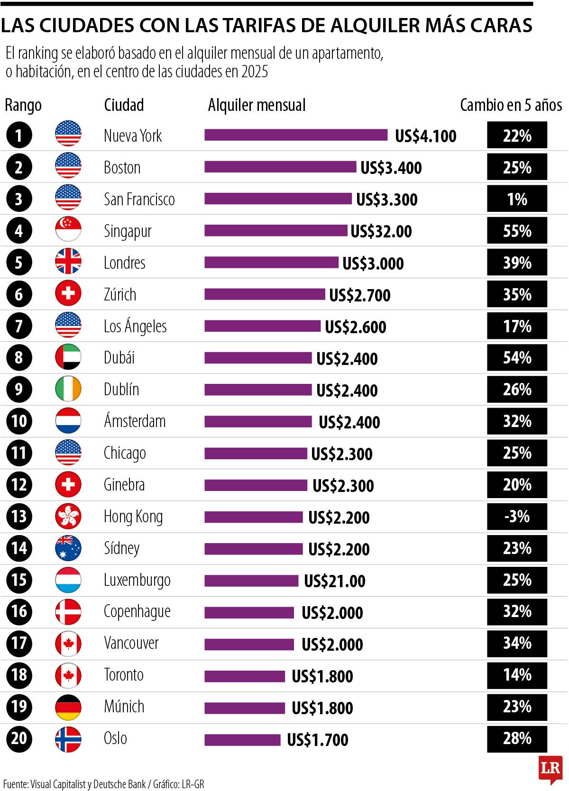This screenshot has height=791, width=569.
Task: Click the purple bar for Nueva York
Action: click(296, 135)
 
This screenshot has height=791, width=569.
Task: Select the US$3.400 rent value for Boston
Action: click(391, 168)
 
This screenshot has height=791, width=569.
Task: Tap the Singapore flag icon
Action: click(68, 230)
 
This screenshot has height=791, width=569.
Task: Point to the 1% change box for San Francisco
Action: click(517, 199)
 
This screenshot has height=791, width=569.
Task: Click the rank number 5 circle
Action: click(19, 263)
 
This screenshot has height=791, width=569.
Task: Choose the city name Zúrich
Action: click(120, 294)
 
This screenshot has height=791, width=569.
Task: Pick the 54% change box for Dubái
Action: click(517, 358)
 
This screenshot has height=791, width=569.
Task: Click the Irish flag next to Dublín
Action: click(68, 389)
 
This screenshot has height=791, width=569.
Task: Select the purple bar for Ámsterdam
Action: click(258, 421)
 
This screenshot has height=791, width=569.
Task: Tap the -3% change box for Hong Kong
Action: click(517, 516)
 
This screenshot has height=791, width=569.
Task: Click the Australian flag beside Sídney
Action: click(68, 548)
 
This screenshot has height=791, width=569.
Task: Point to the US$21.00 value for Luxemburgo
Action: click(334, 581)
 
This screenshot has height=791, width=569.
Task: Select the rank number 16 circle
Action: click(19, 611)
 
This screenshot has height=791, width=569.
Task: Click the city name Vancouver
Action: click(131, 643)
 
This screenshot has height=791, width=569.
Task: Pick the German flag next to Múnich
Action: click(68, 707)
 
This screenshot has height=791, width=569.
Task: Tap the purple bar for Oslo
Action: click(242, 739)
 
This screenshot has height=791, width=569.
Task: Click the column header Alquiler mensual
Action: click(257, 105)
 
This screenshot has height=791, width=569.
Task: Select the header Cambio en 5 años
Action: click(511, 105)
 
